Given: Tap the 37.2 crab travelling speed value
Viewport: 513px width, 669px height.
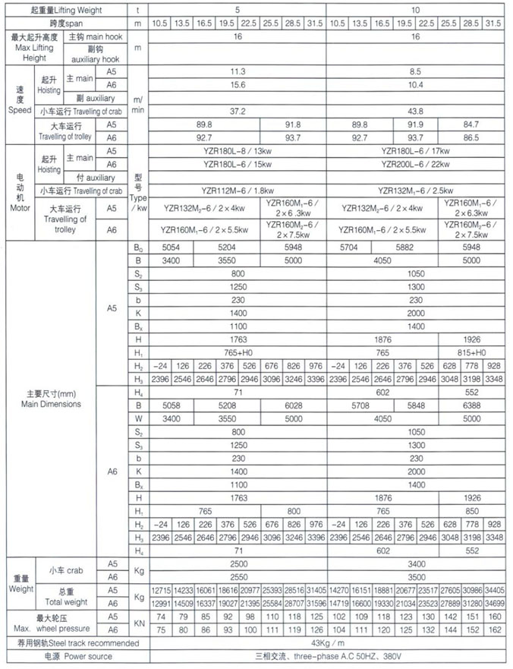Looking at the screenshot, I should (x=238, y=111).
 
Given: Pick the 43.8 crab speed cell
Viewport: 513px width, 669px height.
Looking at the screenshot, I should (x=414, y=111).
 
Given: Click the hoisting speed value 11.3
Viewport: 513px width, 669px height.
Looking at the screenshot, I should (x=238, y=71).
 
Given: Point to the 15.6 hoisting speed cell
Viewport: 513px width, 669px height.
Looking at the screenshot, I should (x=238, y=84).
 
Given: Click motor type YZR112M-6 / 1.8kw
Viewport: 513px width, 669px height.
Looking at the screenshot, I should (x=238, y=190).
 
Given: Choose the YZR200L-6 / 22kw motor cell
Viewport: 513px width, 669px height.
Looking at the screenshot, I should (x=414, y=164).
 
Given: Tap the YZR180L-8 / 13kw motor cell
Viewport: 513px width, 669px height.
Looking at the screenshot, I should (x=238, y=150).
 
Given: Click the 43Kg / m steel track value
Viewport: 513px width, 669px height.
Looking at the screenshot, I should (x=326, y=642).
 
